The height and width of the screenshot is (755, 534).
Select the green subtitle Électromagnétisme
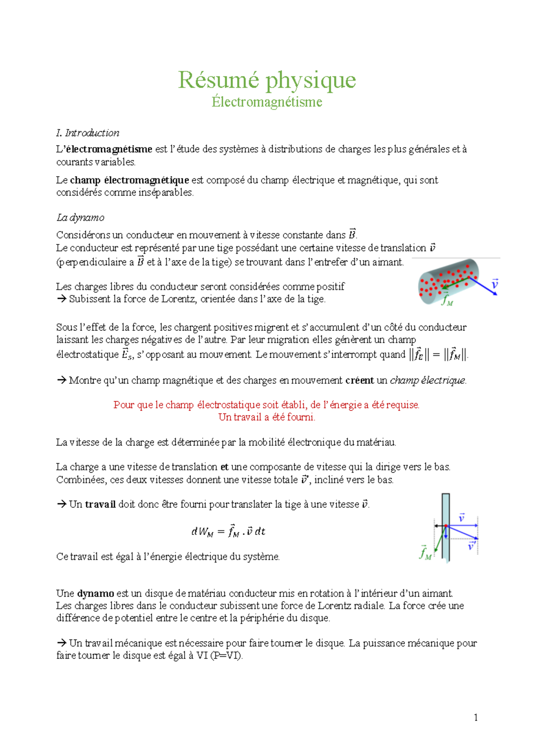tap(267, 102)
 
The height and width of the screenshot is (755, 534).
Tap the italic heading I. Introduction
tap(88, 133)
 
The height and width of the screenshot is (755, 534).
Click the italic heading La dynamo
tap(80, 217)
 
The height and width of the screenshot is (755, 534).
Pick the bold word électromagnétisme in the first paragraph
tap(109, 149)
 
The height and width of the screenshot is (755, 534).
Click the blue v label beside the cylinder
tap(494, 283)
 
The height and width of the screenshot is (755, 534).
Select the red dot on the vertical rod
tap(446, 526)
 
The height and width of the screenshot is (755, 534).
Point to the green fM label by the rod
tap(425, 553)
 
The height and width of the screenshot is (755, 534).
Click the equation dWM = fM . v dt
tap(228, 531)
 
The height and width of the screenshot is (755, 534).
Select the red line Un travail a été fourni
tap(267, 417)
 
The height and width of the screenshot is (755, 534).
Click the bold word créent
tap(360, 381)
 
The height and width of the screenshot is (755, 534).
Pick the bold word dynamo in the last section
tap(96, 593)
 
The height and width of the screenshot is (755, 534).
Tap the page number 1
tap(476, 717)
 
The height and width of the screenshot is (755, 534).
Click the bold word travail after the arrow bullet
tap(100, 504)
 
